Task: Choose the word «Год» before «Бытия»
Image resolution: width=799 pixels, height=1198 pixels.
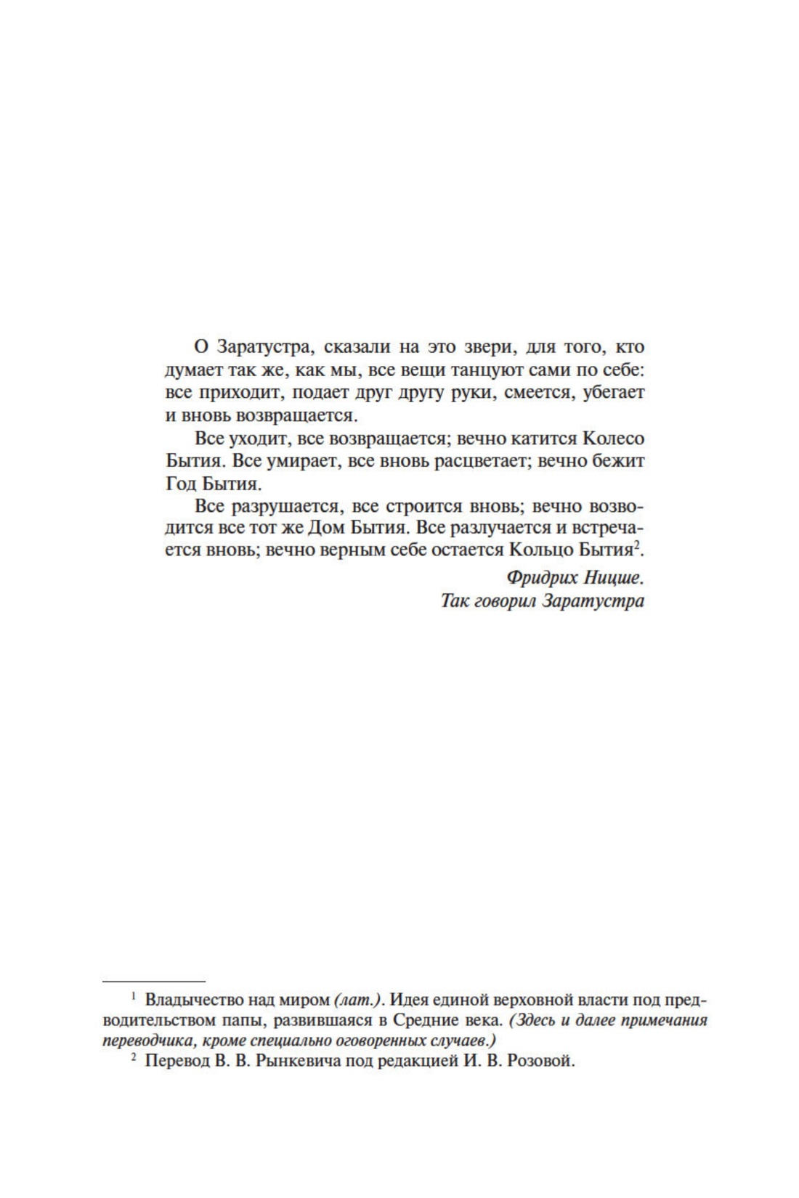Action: (181, 484)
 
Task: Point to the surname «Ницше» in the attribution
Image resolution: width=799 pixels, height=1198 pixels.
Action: (615, 578)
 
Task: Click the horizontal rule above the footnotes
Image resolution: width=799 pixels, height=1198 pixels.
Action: (154, 981)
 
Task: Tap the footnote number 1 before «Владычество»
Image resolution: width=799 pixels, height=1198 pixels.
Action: (134, 996)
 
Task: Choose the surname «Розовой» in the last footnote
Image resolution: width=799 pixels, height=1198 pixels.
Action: (541, 1061)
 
